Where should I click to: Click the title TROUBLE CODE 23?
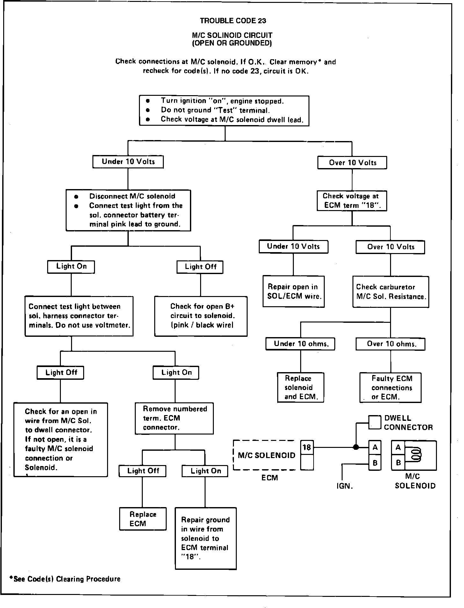[233, 21]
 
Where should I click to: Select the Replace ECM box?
[143, 519]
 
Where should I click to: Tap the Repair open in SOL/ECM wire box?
[294, 291]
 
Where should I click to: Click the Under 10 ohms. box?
[300, 344]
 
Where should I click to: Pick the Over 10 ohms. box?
[390, 344]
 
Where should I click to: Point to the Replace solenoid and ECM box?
[301, 387]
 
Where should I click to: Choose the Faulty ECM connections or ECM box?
[390, 387]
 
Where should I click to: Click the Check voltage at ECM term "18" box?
[352, 201]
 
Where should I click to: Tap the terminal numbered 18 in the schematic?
[307, 448]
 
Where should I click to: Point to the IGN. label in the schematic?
[344, 486]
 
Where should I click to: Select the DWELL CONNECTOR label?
[408, 423]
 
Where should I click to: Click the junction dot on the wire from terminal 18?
[356, 447]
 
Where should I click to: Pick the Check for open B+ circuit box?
[201, 316]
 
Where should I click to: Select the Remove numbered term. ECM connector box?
[174, 418]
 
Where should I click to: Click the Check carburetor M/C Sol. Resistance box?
[391, 292]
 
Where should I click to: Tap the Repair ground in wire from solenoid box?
[206, 538]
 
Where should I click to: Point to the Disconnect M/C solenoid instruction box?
[128, 210]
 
